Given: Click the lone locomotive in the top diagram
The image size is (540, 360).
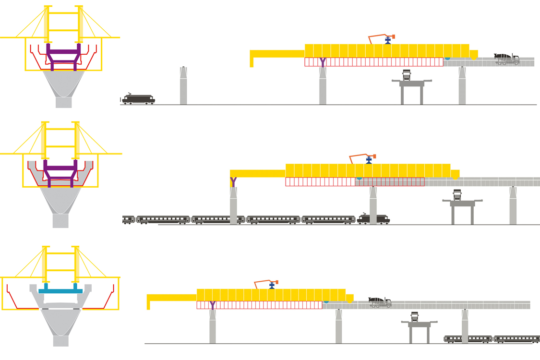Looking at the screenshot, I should pos(138,99).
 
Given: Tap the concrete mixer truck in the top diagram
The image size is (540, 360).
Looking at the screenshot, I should pos(506,59).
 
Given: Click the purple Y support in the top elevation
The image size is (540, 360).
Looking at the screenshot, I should pos(323,62).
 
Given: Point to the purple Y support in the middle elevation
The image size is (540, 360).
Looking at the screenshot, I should pos(233,182).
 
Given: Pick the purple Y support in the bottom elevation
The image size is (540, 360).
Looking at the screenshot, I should pos(212,305).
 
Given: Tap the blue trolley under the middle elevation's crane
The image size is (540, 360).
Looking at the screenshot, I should pos(369,160).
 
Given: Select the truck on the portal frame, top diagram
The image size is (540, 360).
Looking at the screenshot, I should pos(407,75).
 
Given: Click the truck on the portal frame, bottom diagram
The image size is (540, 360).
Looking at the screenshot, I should pos(415,317).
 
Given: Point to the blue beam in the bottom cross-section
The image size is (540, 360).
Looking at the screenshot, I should pos(60,290).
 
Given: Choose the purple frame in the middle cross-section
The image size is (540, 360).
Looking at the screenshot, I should pos(60,173).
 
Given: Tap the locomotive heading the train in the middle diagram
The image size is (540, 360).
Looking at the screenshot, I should pos(373,219).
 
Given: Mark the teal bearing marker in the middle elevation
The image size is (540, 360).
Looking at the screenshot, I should pos(359,178).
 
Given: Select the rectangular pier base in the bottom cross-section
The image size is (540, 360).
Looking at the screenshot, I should pos(60,340).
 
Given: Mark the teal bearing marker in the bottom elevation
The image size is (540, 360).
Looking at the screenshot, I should pos(326,301).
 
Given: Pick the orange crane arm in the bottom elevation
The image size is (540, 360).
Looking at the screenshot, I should pos(265,283).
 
